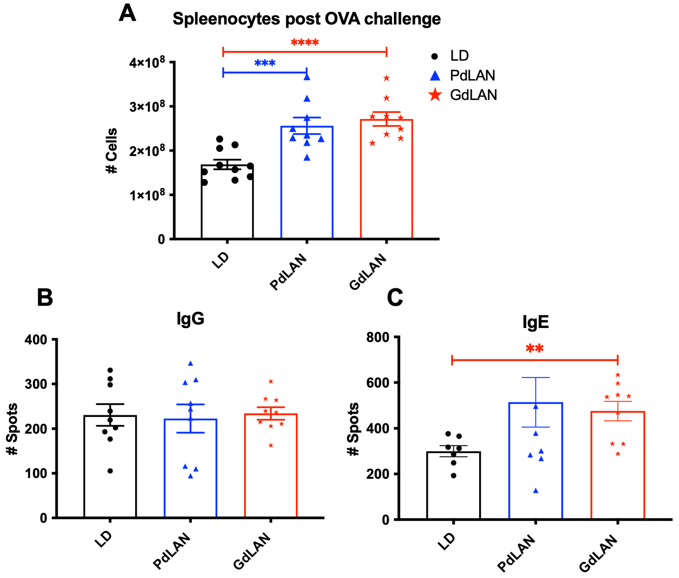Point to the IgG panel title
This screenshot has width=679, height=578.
[190, 318]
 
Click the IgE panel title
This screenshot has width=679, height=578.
[535, 322]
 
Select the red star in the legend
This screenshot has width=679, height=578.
[435, 95]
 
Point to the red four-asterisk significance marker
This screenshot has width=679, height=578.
[305, 42]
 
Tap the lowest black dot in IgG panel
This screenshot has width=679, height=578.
[110, 471]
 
